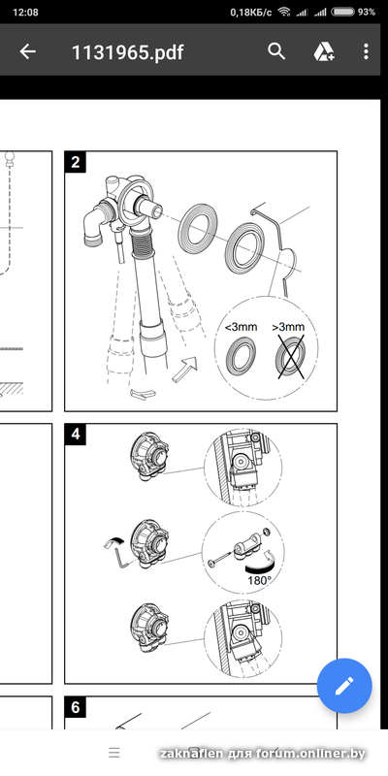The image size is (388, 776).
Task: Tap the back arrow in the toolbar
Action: click(28, 51)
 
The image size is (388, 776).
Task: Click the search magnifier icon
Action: click(276, 51)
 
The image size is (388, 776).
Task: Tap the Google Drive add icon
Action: click(324, 51)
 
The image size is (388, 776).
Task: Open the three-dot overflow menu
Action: click(366, 51)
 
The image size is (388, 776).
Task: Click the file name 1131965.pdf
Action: click(128, 52)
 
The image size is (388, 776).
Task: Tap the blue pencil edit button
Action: click(344, 686)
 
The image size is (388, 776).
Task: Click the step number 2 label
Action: click(76, 162)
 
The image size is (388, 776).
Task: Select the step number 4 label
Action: click(76, 434)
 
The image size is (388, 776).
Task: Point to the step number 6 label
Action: click(76, 707)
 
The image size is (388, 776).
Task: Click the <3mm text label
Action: click(241, 327)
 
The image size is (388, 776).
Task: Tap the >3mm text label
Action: click(288, 327)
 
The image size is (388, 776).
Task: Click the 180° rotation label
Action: click(259, 580)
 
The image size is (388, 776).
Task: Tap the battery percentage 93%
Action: click(367, 12)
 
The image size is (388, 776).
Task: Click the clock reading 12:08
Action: click(25, 12)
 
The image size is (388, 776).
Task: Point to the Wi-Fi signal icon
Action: click(284, 12)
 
